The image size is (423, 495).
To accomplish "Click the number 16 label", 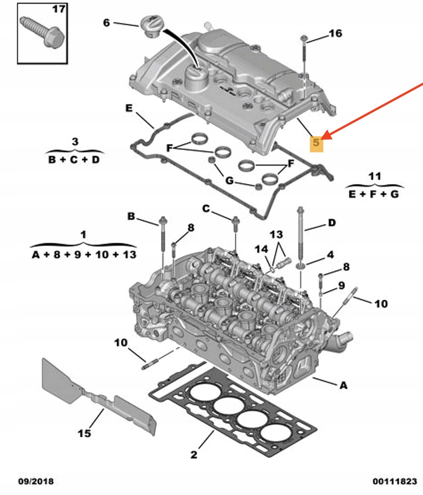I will click(x=335, y=34).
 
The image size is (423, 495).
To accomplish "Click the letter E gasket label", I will click(x=129, y=108).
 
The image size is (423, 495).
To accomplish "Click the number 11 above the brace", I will click(x=375, y=177).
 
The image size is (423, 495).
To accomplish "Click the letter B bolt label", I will click(x=131, y=217).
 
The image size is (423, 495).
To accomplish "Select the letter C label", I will click(x=206, y=209).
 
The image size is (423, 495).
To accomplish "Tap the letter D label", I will click(x=332, y=223).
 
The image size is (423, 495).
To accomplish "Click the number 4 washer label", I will click(x=330, y=255).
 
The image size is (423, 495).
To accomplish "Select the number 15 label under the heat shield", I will click(x=84, y=433).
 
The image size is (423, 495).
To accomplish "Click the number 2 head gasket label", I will click(x=194, y=454).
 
